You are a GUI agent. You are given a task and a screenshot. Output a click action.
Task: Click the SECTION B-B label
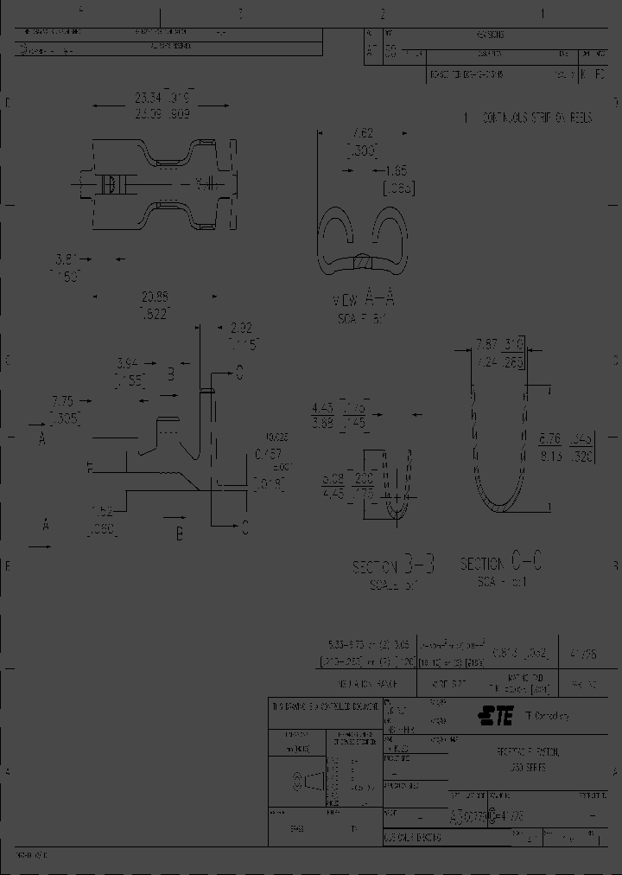pos(395,567)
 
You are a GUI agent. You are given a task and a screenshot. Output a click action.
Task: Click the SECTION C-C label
pos(502,564)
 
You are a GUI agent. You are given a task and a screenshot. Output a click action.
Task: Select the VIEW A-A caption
pos(364,300)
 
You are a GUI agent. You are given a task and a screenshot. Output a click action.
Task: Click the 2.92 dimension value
pos(242,329)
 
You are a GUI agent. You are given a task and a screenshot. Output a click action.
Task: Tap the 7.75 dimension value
pos(63,402)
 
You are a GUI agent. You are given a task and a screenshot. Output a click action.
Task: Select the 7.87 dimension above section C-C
pos(488,344)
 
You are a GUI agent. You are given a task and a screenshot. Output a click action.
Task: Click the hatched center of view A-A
pos(364,262)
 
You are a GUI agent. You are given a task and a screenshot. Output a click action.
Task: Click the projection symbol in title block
pos(309,782)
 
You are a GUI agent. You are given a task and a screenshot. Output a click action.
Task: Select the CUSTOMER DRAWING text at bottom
pos(414,838)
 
